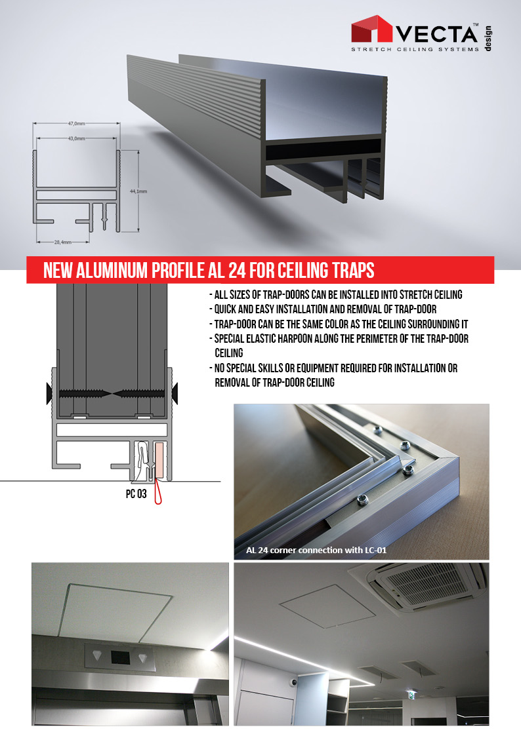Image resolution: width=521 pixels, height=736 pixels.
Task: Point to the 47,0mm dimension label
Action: point(76,123)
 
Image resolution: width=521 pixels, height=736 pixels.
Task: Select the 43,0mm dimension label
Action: point(76,138)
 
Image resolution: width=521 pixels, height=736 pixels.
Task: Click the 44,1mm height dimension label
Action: point(138,191)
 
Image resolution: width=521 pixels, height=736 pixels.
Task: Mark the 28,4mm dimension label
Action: point(63,242)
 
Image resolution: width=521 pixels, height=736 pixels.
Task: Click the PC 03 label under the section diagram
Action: point(136,494)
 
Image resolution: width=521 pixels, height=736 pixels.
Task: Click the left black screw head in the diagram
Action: point(49,393)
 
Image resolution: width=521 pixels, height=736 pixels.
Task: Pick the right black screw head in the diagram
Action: point(175,393)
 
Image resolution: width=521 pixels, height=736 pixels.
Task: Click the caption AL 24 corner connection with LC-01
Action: point(316,550)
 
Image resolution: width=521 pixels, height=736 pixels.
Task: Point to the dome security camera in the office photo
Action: point(293,683)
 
